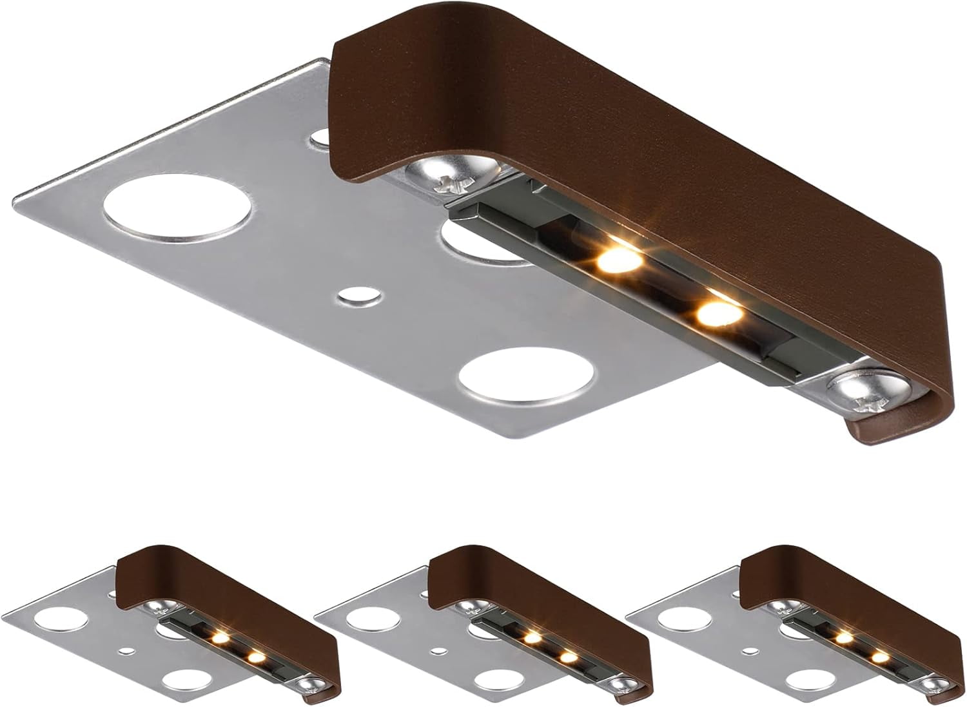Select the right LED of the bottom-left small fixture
pos(256,657)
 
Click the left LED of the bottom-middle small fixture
pos(532,638)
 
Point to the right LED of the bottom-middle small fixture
pos(567,657)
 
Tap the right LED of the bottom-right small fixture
pos(878,657)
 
